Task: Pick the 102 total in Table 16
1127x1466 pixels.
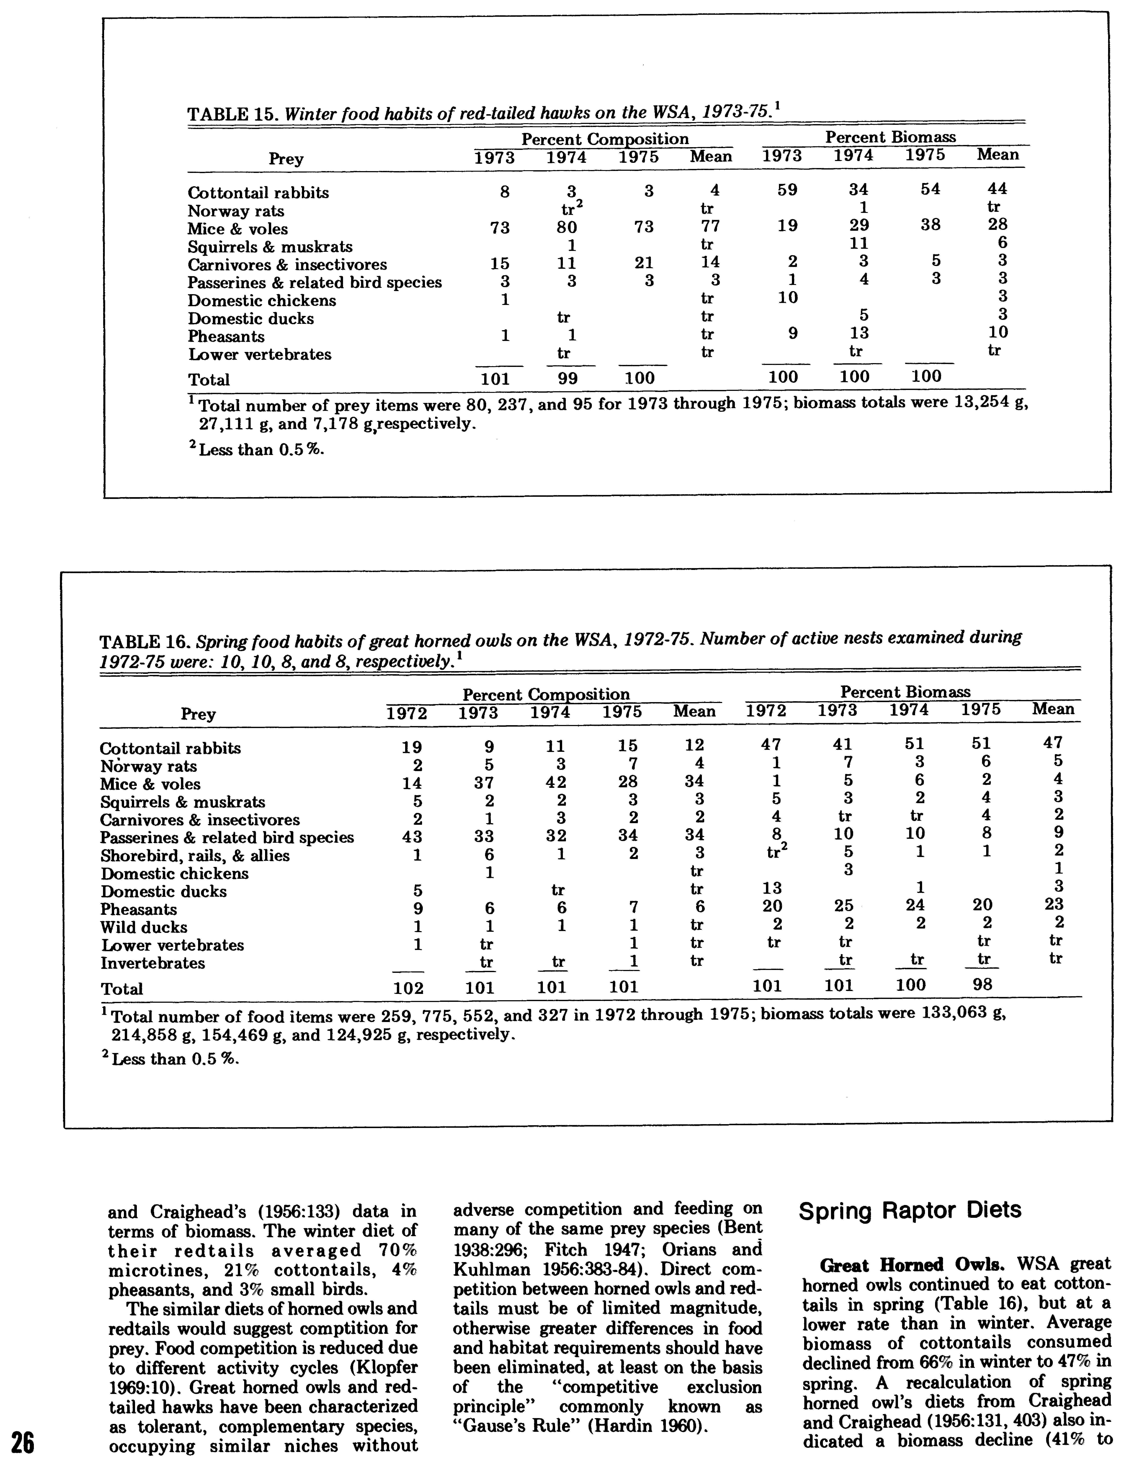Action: (408, 988)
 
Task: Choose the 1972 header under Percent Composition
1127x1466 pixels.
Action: (407, 713)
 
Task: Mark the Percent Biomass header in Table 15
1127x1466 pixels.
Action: (890, 138)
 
